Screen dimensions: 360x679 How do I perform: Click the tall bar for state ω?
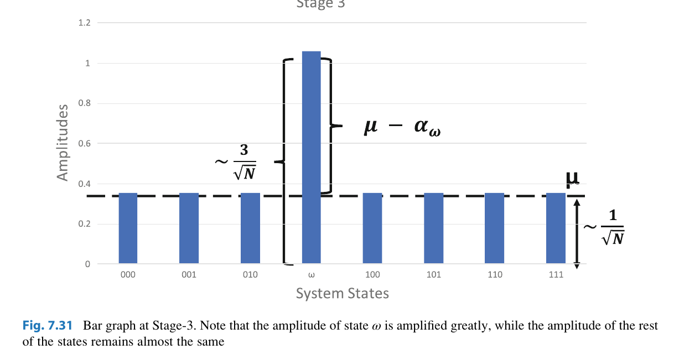pos(311,157)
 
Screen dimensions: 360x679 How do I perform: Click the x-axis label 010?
pos(250,275)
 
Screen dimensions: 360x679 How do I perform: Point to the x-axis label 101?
pos(434,275)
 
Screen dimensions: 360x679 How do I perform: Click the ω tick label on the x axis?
pos(311,275)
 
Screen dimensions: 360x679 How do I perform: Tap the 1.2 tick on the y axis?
pos(85,23)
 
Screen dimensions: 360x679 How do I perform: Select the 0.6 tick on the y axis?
pos(85,144)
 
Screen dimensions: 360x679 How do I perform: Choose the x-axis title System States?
pos(342,293)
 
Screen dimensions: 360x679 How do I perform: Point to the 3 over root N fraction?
pos(244,163)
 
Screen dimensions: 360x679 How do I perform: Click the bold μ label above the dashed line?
pos(572,179)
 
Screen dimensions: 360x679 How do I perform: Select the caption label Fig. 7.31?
pos(48,326)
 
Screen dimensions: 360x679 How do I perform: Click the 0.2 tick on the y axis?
pos(85,224)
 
